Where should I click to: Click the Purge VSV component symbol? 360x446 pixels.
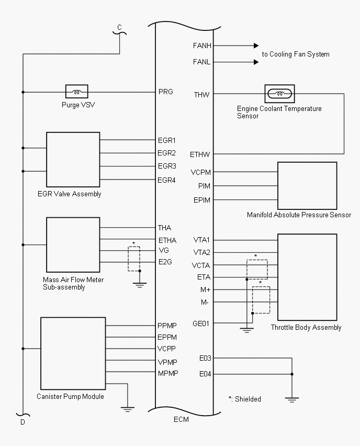(76, 92)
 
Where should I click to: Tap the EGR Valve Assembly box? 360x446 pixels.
(73, 160)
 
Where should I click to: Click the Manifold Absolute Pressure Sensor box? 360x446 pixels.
(307, 186)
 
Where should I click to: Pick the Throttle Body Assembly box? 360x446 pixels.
(307, 277)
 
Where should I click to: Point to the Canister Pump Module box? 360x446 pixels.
(73, 353)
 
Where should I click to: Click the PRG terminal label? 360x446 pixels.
(165, 92)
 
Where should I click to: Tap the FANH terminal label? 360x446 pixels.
(202, 46)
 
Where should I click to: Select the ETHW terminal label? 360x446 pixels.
(200, 154)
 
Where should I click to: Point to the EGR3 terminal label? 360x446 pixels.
(167, 166)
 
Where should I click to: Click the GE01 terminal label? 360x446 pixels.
(201, 324)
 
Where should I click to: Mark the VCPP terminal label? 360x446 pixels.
(167, 349)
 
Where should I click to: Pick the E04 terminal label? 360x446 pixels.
(205, 374)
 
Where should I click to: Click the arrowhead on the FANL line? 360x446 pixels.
(256, 62)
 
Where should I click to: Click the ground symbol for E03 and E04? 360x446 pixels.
(292, 399)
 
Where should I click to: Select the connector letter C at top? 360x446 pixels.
(119, 27)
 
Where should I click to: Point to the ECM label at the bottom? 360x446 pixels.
(181, 419)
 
